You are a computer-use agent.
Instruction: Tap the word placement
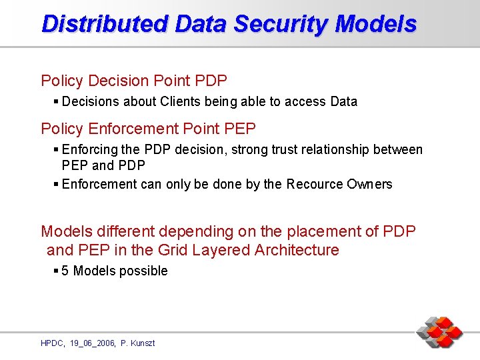317,231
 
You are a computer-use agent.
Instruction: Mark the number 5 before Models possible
65,271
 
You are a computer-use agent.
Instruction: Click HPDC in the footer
52,343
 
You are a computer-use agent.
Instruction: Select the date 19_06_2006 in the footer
92,343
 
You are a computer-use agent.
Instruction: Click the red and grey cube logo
440,332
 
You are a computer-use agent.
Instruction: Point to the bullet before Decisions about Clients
55,101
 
